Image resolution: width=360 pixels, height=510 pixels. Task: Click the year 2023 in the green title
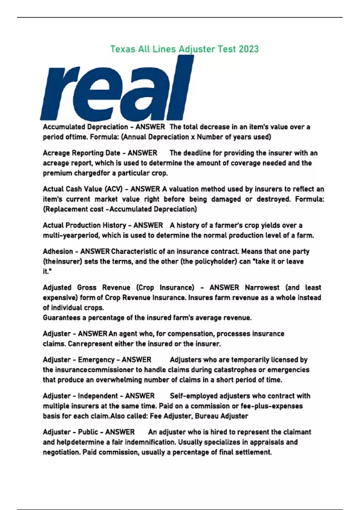pos(249,49)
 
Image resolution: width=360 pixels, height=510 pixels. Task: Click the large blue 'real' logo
pos(117,90)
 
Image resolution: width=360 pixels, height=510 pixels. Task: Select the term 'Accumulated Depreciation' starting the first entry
pos(85,127)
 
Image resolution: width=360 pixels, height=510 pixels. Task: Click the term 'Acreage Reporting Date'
pos(81,153)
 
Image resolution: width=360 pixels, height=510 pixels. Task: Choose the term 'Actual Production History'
pos(84,225)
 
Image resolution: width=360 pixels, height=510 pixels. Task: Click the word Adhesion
pos(58,251)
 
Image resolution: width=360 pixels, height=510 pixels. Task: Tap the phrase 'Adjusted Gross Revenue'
pos(86,288)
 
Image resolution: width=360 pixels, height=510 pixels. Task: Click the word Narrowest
pos(262,288)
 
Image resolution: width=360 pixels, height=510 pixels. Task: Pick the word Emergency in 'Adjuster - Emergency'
pos(96,360)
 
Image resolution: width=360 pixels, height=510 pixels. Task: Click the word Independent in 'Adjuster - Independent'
pos(98,396)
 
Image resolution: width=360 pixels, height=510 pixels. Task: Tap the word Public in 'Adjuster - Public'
pos(88,432)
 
